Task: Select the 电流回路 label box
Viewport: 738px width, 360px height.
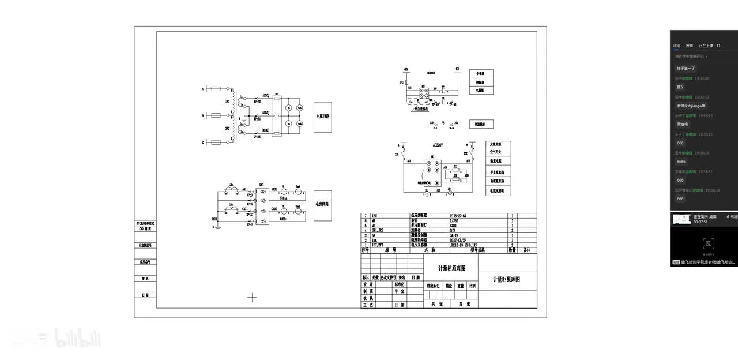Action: pos(323,205)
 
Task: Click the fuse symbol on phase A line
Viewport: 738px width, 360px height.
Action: pos(216,89)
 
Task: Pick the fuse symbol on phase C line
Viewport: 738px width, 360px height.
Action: pos(216,142)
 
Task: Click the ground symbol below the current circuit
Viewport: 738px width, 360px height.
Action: pos(217,227)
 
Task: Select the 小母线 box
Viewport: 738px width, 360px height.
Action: pos(481,74)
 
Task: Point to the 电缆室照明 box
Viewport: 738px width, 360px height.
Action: pos(498,190)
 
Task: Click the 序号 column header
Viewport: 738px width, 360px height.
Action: pos(365,250)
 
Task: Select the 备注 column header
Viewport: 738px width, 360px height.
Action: pos(526,250)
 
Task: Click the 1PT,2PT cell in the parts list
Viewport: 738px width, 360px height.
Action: pos(379,245)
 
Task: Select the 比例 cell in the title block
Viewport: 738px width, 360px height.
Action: pos(473,286)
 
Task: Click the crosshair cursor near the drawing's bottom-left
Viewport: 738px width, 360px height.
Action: pos(252,298)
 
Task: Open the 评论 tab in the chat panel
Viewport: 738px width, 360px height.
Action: pos(676,46)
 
